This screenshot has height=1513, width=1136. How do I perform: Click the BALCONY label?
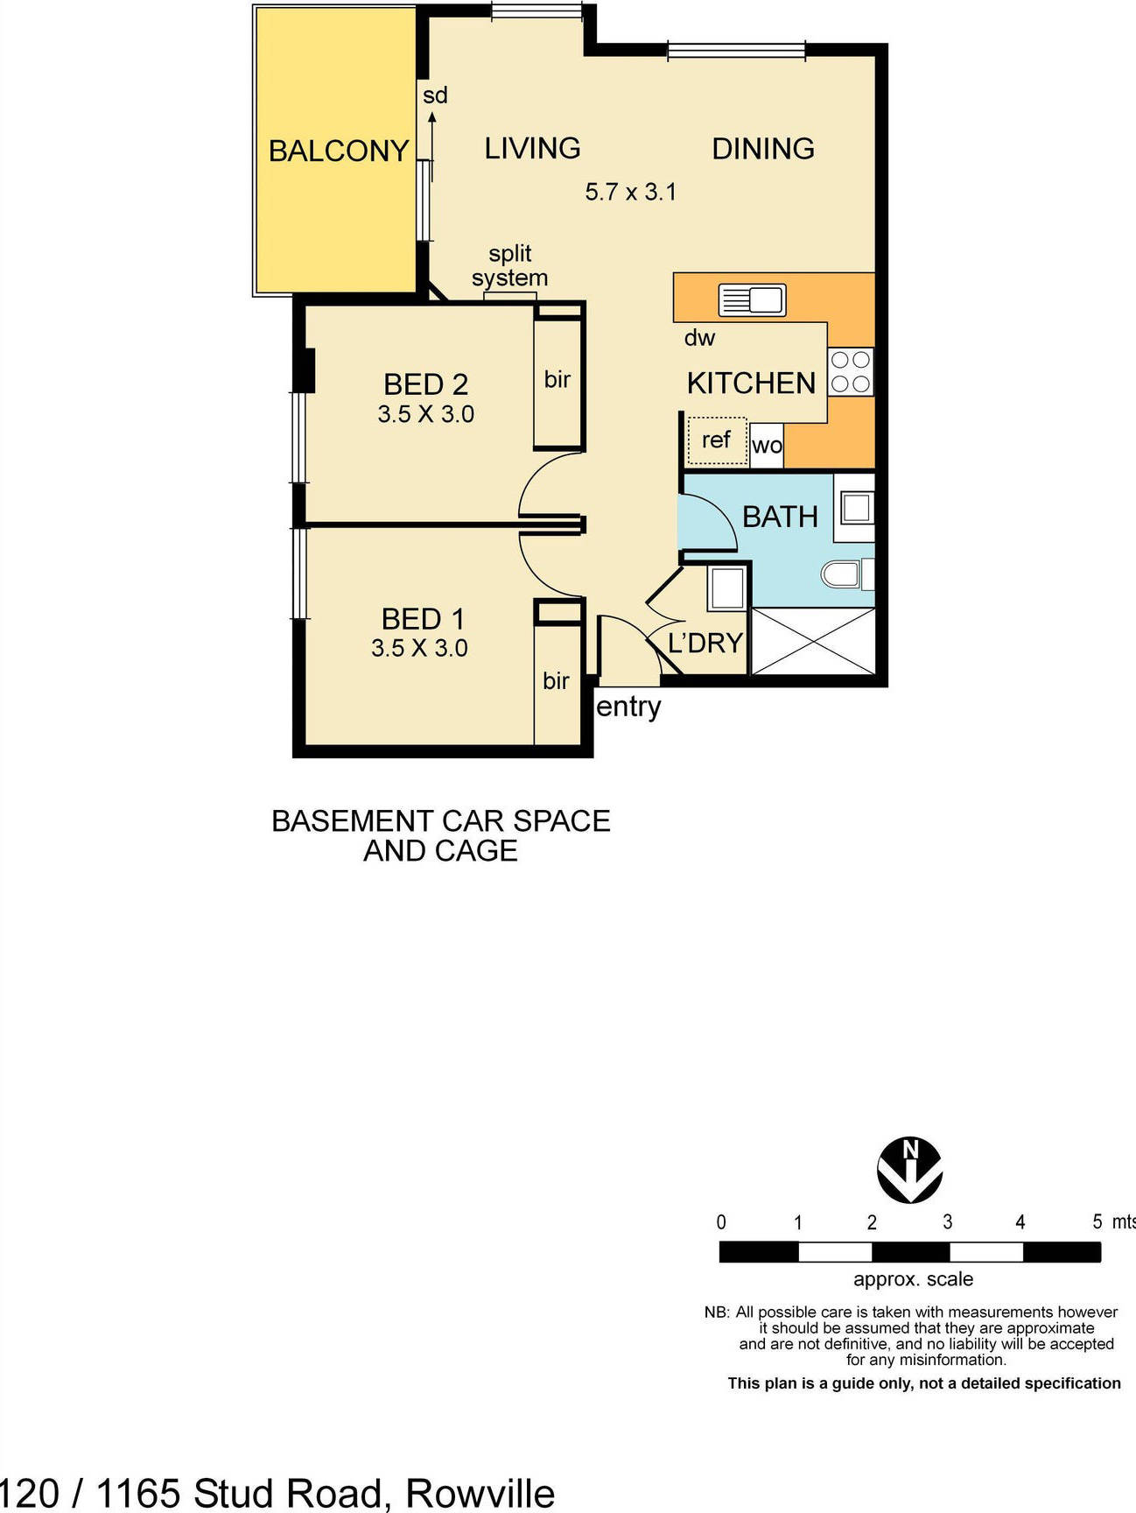(339, 151)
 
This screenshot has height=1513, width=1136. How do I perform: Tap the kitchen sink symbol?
(752, 300)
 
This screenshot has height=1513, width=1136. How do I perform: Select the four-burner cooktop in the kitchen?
(850, 372)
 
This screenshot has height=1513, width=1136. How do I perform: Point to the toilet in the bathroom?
(842, 574)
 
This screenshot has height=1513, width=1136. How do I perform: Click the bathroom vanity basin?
(856, 508)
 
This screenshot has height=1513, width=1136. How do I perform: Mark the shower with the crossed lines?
(813, 641)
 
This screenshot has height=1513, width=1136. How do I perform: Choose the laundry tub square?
(727, 587)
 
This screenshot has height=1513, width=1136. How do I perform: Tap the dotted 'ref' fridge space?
(717, 440)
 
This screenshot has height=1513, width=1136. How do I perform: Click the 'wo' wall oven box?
(767, 445)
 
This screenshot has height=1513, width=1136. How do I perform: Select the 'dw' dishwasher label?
(699, 338)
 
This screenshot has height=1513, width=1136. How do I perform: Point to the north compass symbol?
(910, 1170)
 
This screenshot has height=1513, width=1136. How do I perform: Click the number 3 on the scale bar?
(947, 1222)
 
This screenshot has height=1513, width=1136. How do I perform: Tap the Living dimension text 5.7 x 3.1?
(631, 192)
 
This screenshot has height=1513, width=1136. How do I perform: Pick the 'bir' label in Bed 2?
(557, 379)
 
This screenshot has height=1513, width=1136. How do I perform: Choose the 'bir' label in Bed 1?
(556, 680)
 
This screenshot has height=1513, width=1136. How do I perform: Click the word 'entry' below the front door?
(628, 707)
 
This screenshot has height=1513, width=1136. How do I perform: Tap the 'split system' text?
(509, 265)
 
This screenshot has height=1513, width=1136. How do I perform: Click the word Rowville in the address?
(480, 1493)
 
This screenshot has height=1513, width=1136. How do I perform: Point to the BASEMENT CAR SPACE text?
(440, 821)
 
